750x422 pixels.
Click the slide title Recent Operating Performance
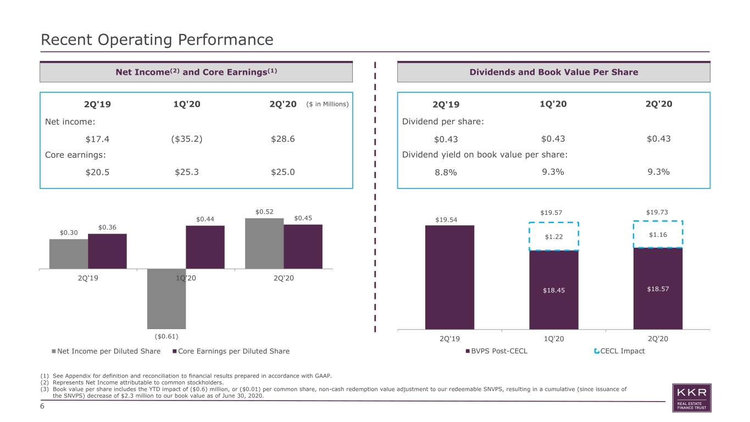[157, 40]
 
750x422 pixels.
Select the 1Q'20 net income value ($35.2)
[186, 138]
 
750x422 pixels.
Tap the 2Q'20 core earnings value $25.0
[282, 172]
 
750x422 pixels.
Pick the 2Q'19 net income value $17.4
[97, 139]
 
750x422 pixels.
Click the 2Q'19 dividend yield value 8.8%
[446, 173]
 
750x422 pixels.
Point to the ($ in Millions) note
[327, 104]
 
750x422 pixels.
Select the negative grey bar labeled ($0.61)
[166, 299]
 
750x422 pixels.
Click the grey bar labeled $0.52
[264, 243]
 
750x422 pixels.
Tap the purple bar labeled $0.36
[107, 251]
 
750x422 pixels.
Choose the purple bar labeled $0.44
[205, 247]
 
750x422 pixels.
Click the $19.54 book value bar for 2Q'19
[449, 277]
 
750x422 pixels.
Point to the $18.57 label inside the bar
[658, 289]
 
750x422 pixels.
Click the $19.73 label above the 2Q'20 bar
[657, 212]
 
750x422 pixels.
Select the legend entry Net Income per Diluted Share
[106, 351]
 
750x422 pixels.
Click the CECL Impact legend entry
[619, 351]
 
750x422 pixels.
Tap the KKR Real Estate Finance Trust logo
[692, 398]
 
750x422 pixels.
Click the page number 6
[42, 406]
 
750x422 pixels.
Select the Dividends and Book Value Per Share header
[554, 72]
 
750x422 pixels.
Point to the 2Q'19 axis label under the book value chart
[449, 338]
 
